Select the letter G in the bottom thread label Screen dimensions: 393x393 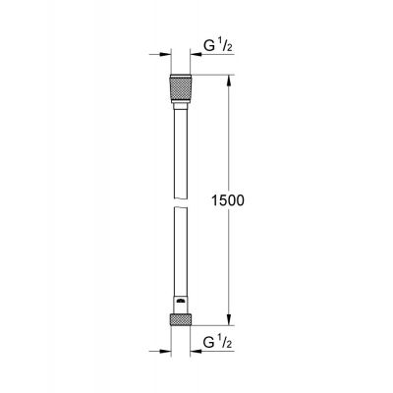209,346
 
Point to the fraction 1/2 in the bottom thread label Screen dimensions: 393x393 225,345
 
